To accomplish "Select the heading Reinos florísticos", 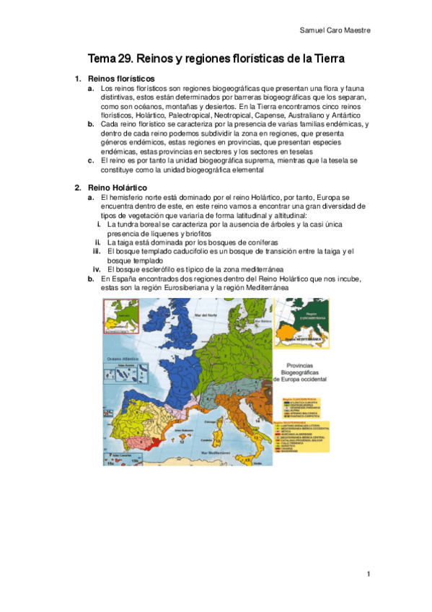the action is click(x=120, y=78).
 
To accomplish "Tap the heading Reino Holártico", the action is click(x=116, y=187).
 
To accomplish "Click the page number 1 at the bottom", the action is click(x=368, y=574).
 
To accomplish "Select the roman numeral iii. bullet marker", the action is click(x=96, y=250).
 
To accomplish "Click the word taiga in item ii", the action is click(x=123, y=242).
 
